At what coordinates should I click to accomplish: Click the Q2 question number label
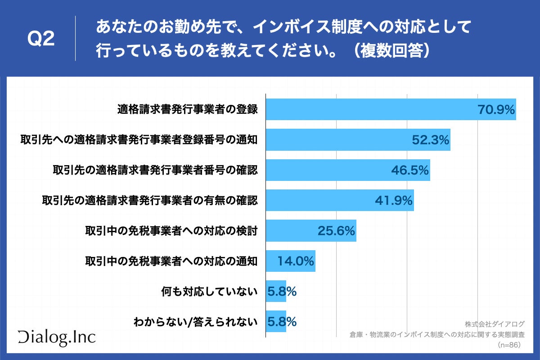pyautogui.click(x=41, y=40)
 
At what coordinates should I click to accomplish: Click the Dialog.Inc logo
pyautogui.click(x=57, y=337)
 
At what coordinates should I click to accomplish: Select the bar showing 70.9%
pyautogui.click(x=369, y=109)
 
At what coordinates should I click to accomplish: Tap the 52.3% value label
pyautogui.click(x=431, y=140)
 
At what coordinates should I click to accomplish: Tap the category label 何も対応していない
pyautogui.click(x=209, y=292)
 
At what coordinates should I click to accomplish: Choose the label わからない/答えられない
pyautogui.click(x=196, y=322)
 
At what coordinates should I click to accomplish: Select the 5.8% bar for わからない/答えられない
pyautogui.click(x=276, y=322)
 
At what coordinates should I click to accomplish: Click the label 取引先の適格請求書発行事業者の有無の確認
pyautogui.click(x=150, y=200)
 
